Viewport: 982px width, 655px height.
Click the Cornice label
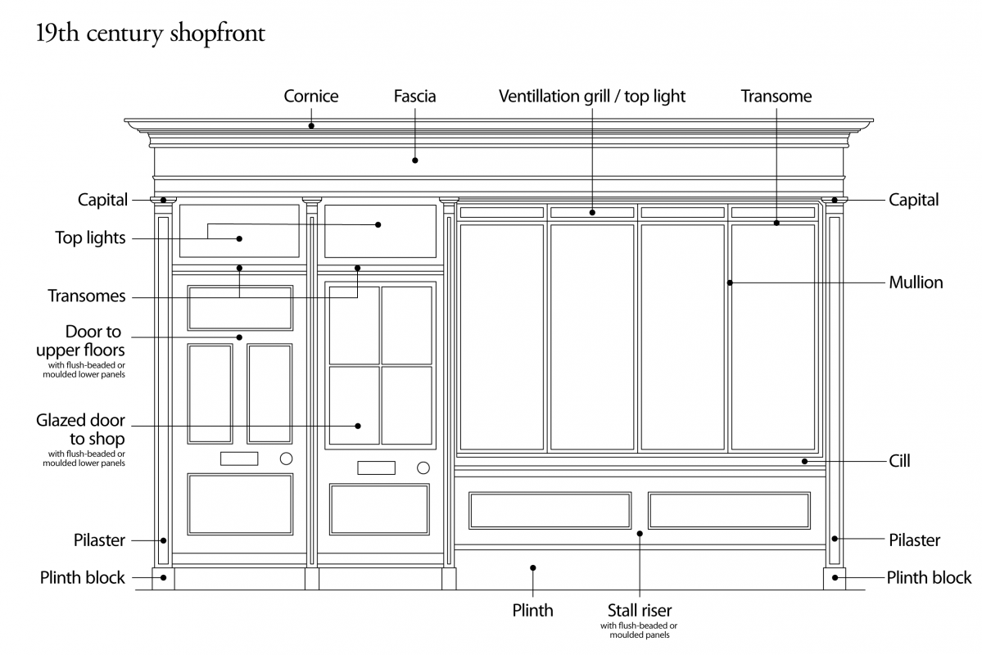coord(310,97)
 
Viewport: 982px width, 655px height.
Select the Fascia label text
coord(414,97)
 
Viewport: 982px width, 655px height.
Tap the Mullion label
coord(916,282)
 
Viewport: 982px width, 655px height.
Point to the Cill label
coord(899,462)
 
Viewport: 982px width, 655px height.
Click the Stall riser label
coord(639,611)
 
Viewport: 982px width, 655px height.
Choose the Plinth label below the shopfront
coord(532,611)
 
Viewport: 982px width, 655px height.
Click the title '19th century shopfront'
coord(150,34)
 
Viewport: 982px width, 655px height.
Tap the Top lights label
coord(90,238)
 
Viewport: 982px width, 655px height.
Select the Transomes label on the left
coord(86,296)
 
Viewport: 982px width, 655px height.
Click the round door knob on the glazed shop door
coord(423,468)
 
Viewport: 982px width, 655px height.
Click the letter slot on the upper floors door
coord(239,458)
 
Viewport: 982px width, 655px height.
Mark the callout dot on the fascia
coord(415,160)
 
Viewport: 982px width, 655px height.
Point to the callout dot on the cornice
coord(311,125)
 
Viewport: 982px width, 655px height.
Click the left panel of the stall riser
coord(550,510)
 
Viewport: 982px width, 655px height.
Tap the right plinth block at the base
coord(835,578)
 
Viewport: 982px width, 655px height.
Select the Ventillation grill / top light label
coord(592,97)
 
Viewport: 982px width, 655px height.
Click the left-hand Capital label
coord(102,200)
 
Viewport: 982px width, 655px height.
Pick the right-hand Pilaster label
coord(914,540)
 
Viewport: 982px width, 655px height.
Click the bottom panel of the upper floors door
coord(240,504)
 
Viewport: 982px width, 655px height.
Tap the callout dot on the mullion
coord(729,282)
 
